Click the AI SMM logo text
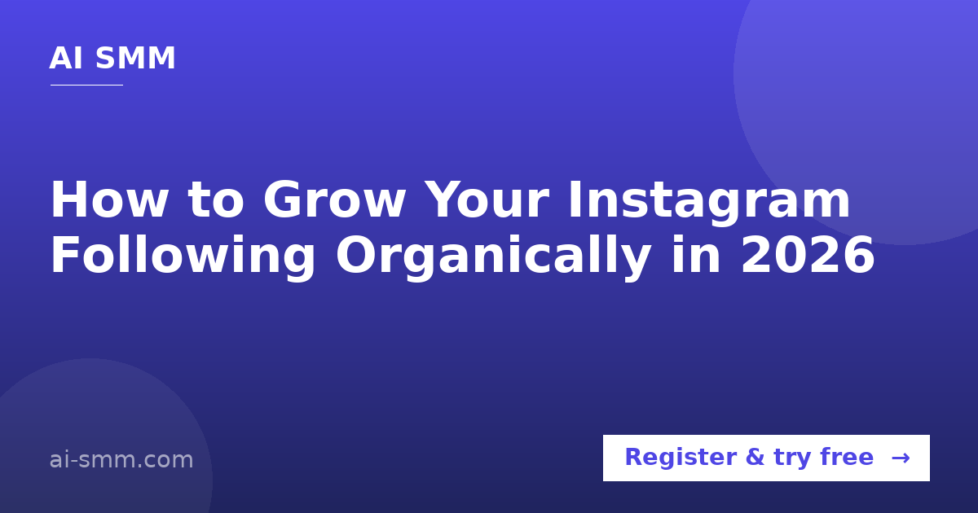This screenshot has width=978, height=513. tap(112, 58)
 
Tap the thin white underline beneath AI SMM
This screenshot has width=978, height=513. tap(87, 85)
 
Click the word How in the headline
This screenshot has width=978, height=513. tap(109, 199)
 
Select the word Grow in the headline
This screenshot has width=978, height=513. tap(334, 199)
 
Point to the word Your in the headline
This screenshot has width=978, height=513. tap(487, 199)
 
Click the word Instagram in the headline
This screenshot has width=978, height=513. tap(709, 203)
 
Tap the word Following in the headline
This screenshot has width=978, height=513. tap(183, 257)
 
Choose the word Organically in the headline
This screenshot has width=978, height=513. tap(493, 257)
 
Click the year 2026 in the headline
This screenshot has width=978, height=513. tap(808, 255)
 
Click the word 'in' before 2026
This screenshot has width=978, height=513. tap(696, 254)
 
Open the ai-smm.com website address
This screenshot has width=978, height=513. tap(121, 460)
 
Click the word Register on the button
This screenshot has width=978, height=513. tap(681, 458)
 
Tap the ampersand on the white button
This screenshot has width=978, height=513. tap(755, 457)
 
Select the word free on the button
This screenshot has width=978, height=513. tap(847, 456)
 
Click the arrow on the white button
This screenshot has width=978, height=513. tap(901, 458)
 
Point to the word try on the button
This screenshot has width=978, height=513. tap(792, 458)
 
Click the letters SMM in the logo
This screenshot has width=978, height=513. tap(135, 58)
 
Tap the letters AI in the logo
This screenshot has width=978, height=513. tap(66, 58)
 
